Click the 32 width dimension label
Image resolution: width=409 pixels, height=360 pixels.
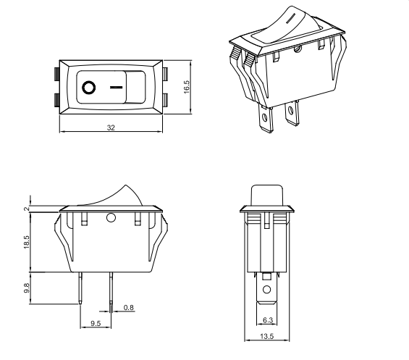coord(110,127)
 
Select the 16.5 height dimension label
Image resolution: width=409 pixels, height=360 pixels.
coord(186,86)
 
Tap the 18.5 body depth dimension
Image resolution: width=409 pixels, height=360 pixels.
coord(27,242)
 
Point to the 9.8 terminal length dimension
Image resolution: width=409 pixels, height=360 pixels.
coord(27,287)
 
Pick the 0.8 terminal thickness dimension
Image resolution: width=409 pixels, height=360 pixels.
coord(128,309)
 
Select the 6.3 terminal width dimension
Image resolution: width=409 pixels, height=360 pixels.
coord(268,319)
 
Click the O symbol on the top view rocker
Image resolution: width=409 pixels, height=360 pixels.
coord(88,87)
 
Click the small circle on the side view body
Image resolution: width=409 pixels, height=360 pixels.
coord(111,218)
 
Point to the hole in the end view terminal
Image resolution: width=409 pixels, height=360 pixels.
coord(267,290)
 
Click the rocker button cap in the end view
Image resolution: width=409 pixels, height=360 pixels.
coord(267,195)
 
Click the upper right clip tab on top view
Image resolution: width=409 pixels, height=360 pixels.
coord(167,72)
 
